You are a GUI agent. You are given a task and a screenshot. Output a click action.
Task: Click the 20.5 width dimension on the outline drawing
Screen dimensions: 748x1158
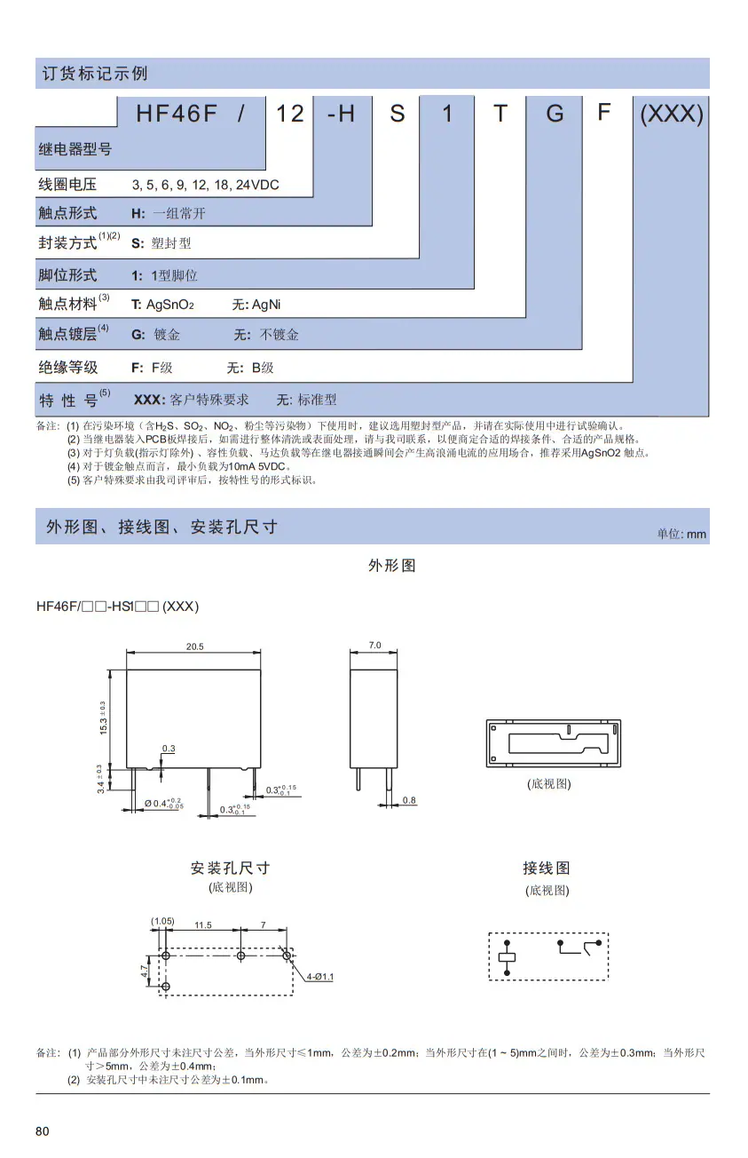194,646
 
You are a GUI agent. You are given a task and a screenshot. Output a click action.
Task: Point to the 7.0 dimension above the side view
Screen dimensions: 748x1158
374,645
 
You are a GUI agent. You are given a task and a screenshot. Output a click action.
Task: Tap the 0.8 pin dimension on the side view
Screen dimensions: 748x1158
409,800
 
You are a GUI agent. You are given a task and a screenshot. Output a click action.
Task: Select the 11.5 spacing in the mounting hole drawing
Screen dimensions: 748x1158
203,924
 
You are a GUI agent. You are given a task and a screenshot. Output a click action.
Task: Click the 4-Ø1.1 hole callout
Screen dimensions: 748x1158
319,977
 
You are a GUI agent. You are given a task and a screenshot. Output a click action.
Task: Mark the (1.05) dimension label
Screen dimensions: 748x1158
162,921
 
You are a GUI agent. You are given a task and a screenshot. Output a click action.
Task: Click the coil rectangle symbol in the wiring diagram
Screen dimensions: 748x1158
507,957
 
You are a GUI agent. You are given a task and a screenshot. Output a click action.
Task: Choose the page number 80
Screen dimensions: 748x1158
43,1131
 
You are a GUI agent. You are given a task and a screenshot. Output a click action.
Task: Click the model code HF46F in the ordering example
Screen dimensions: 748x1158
177,113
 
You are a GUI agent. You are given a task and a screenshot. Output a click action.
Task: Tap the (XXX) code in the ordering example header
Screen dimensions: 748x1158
672,113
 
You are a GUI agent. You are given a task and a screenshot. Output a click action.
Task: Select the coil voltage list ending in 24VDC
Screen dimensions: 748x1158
205,185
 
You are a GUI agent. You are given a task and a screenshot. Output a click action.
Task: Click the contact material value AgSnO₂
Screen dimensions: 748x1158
170,305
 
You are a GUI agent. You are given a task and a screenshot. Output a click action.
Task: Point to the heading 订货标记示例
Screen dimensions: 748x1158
95,74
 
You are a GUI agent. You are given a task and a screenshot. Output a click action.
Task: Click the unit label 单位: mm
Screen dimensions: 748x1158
681,534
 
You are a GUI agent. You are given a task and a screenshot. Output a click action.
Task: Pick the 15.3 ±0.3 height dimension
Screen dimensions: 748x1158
103,718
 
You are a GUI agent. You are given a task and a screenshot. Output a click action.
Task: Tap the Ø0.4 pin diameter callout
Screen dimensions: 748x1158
164,804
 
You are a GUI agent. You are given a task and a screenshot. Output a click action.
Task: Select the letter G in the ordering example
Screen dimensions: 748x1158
555,113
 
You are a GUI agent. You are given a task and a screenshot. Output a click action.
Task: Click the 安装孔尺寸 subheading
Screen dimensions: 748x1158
231,868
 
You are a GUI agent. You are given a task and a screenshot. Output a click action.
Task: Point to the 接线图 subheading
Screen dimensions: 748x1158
547,868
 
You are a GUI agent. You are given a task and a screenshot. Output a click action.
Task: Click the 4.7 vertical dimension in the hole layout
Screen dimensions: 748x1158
144,971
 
